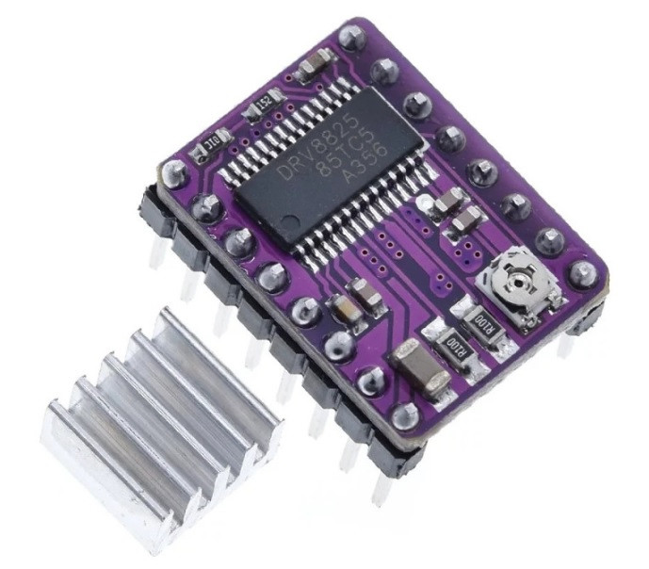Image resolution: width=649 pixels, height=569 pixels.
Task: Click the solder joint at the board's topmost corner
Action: [x=352, y=38]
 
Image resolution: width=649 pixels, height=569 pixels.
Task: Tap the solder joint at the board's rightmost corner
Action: [x=585, y=274]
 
